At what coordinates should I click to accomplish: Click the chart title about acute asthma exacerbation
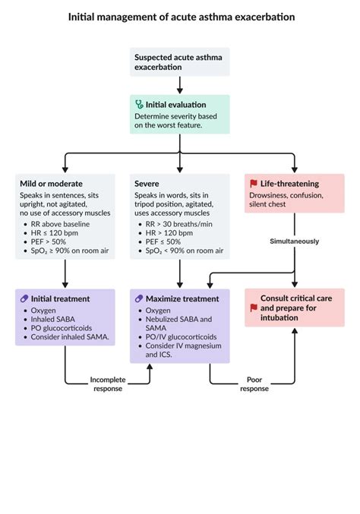pyautogui.click(x=181, y=16)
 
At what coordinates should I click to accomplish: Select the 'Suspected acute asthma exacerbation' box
pyautogui.click(x=179, y=61)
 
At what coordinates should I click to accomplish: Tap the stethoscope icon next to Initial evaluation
pyautogui.click(x=139, y=104)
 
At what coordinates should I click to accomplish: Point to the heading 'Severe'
pyautogui.click(x=147, y=184)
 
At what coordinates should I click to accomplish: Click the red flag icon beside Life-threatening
pyautogui.click(x=254, y=184)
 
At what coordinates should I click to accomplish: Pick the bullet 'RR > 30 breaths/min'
pyautogui.click(x=178, y=224)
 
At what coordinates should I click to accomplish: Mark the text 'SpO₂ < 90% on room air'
pyautogui.click(x=182, y=251)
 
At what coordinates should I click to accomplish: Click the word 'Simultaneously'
pyautogui.click(x=294, y=241)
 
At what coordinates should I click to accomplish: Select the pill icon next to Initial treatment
pyautogui.click(x=24, y=299)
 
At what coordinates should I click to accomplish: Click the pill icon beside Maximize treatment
pyautogui.click(x=139, y=299)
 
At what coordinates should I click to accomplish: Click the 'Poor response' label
pyautogui.click(x=254, y=383)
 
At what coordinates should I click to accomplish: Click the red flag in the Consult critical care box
pyautogui.click(x=254, y=307)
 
